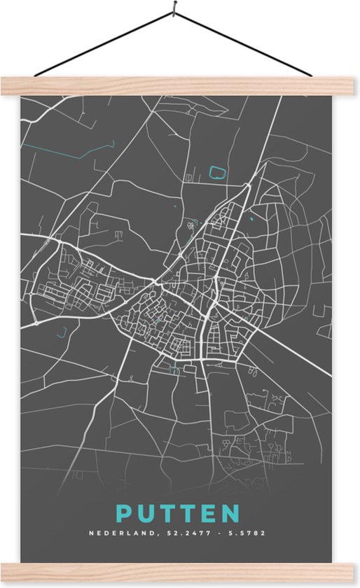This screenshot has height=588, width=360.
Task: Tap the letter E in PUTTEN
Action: tap(210, 514)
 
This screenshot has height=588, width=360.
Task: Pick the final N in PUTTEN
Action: tap(233, 514)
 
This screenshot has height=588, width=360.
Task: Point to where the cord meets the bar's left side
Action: tap(35, 75)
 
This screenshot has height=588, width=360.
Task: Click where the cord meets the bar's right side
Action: tap(310, 75)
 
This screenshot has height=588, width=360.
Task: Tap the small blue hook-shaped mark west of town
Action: tap(62, 332)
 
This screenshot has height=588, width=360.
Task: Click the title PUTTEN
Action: tap(179, 514)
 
